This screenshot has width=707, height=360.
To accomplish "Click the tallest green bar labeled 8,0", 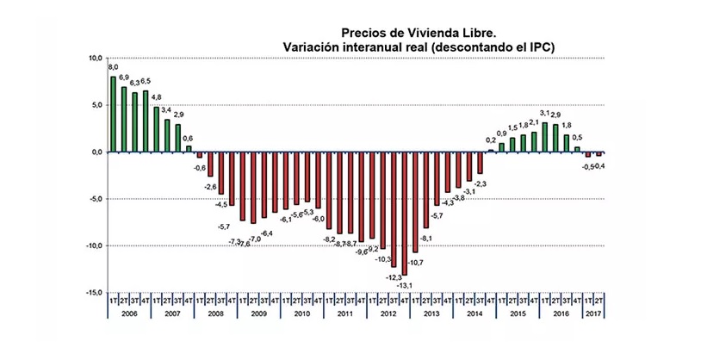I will (x=113, y=114).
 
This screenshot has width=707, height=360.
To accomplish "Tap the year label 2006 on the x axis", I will (x=129, y=313).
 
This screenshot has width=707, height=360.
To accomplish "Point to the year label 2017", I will (x=594, y=313).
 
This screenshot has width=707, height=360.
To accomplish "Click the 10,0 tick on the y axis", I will (x=95, y=59).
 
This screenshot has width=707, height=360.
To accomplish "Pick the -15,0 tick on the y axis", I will (x=93, y=292).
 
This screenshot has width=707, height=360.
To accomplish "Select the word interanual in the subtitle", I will (x=364, y=45).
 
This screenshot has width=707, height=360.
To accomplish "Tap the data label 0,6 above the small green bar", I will (x=188, y=139).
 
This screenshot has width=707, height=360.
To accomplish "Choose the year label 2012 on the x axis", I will (x=388, y=313).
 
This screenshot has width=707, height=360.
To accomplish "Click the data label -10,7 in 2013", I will (x=416, y=262).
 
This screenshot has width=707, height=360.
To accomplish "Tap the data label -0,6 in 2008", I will (x=199, y=168).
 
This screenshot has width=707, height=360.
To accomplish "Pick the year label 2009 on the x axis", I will (x=258, y=313).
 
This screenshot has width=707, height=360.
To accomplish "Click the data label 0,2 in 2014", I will (x=491, y=140).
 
